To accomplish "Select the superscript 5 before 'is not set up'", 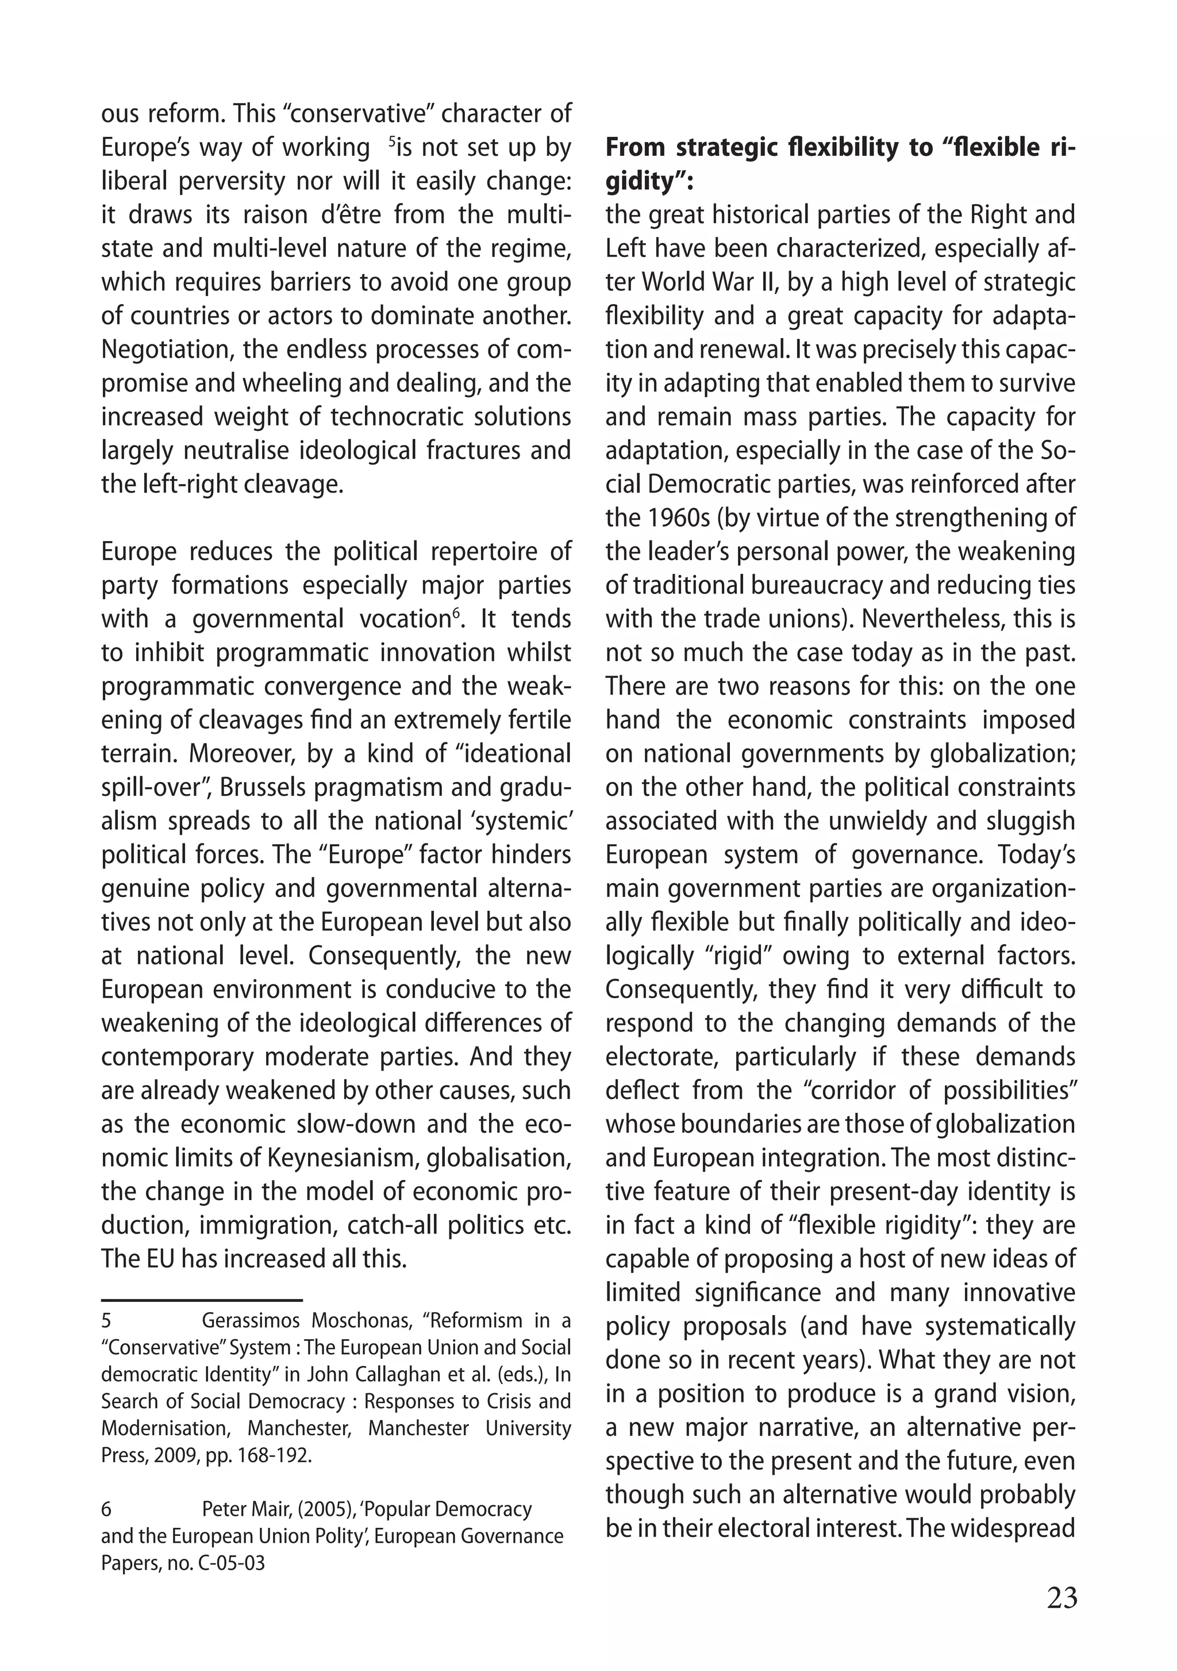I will [x=392, y=141].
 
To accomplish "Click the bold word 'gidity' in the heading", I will [x=646, y=181].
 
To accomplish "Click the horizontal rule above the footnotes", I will [x=202, y=1299].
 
